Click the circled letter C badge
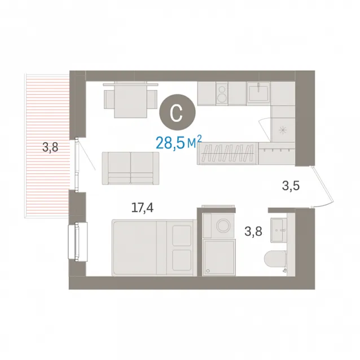[177, 112]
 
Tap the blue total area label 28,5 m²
[179, 142]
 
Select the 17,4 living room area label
[142, 208]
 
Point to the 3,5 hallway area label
[291, 186]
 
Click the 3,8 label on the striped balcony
[50, 147]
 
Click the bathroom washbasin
[279, 230]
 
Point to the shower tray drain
[208, 271]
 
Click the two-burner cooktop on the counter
[222, 94]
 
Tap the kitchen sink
[258, 93]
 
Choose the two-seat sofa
[131, 168]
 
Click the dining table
[131, 99]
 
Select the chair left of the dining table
[109, 99]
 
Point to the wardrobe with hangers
[227, 153]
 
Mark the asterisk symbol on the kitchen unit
[283, 130]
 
